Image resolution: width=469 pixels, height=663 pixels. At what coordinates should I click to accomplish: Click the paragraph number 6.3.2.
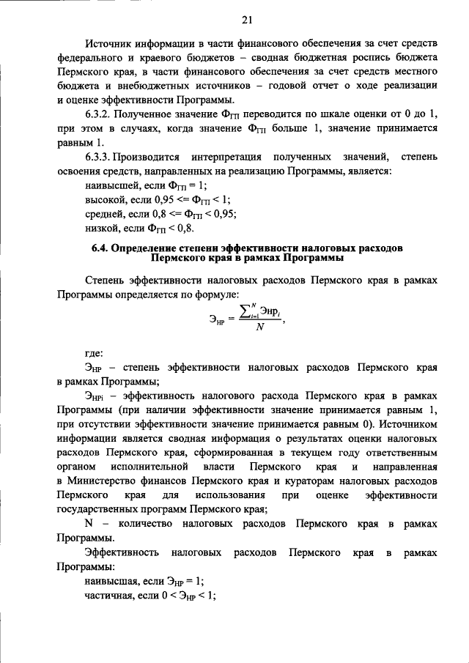[x=100, y=114]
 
